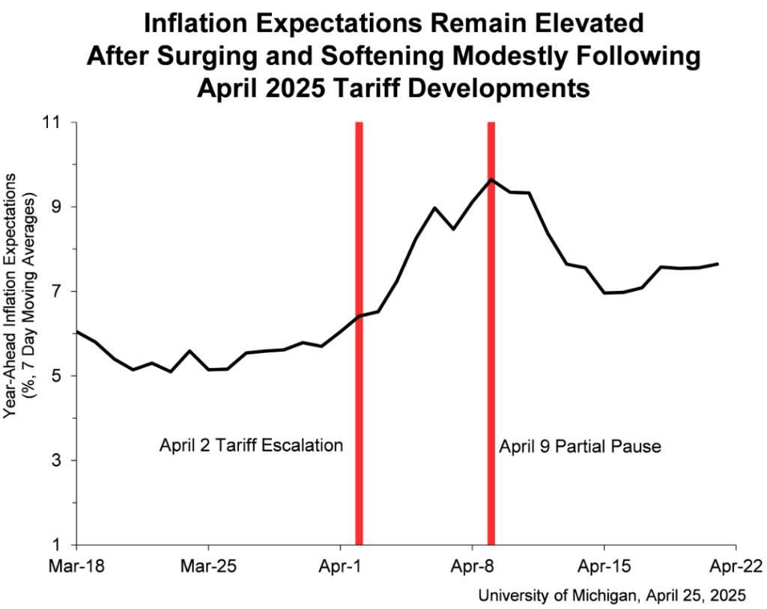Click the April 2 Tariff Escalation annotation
click(251, 446)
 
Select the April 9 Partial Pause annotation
click(580, 447)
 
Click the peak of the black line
click(491, 180)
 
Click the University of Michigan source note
click(612, 595)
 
